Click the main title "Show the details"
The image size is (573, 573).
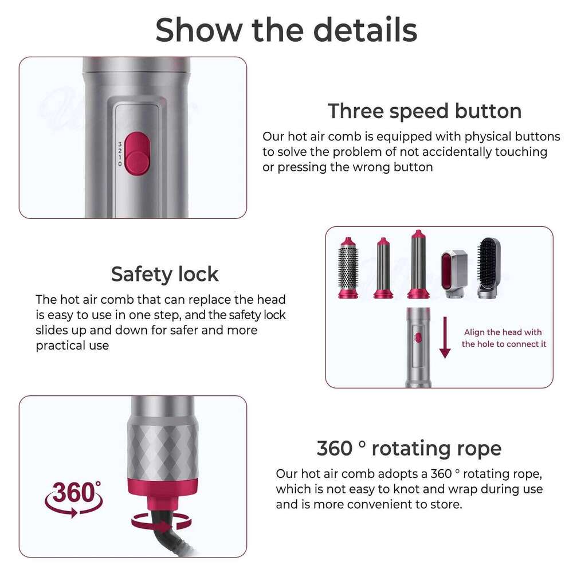tap(286, 30)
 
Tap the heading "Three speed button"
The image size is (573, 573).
tap(425, 111)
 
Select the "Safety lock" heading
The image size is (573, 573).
tap(165, 274)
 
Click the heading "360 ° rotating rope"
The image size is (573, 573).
tap(409, 449)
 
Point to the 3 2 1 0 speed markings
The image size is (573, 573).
tap(120, 154)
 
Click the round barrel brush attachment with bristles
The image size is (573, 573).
tap(348, 268)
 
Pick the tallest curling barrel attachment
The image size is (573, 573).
tap(418, 264)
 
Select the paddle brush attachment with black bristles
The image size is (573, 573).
tap(489, 267)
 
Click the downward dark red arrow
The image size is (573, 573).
tap(445, 337)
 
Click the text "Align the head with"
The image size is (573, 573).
tap(503, 332)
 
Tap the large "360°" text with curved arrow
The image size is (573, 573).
tap(73, 498)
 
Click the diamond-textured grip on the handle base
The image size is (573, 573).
tap(163, 448)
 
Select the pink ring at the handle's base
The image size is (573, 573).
tap(163, 486)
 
